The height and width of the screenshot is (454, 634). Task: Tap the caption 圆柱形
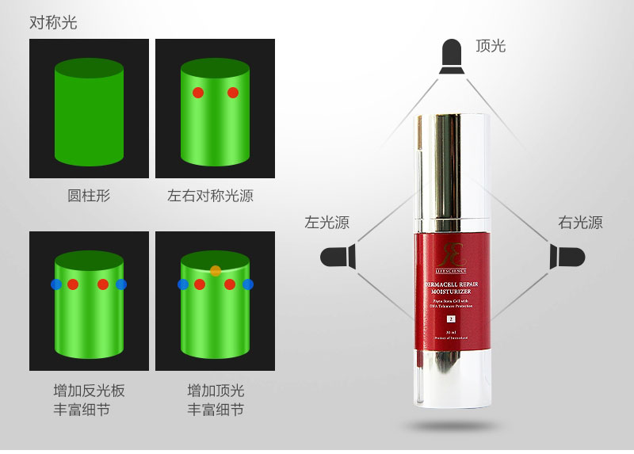[x=89, y=196]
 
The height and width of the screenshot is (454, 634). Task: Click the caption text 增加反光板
[x=89, y=391]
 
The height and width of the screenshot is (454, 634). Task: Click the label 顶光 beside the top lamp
[x=490, y=46]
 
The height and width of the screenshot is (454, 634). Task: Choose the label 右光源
[x=580, y=223]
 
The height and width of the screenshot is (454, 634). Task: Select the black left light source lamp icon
[x=338, y=256]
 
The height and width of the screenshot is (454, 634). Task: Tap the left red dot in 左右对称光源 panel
[x=198, y=93]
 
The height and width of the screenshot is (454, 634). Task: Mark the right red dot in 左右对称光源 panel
[x=233, y=93]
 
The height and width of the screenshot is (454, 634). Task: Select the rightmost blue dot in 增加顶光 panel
[x=248, y=284]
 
